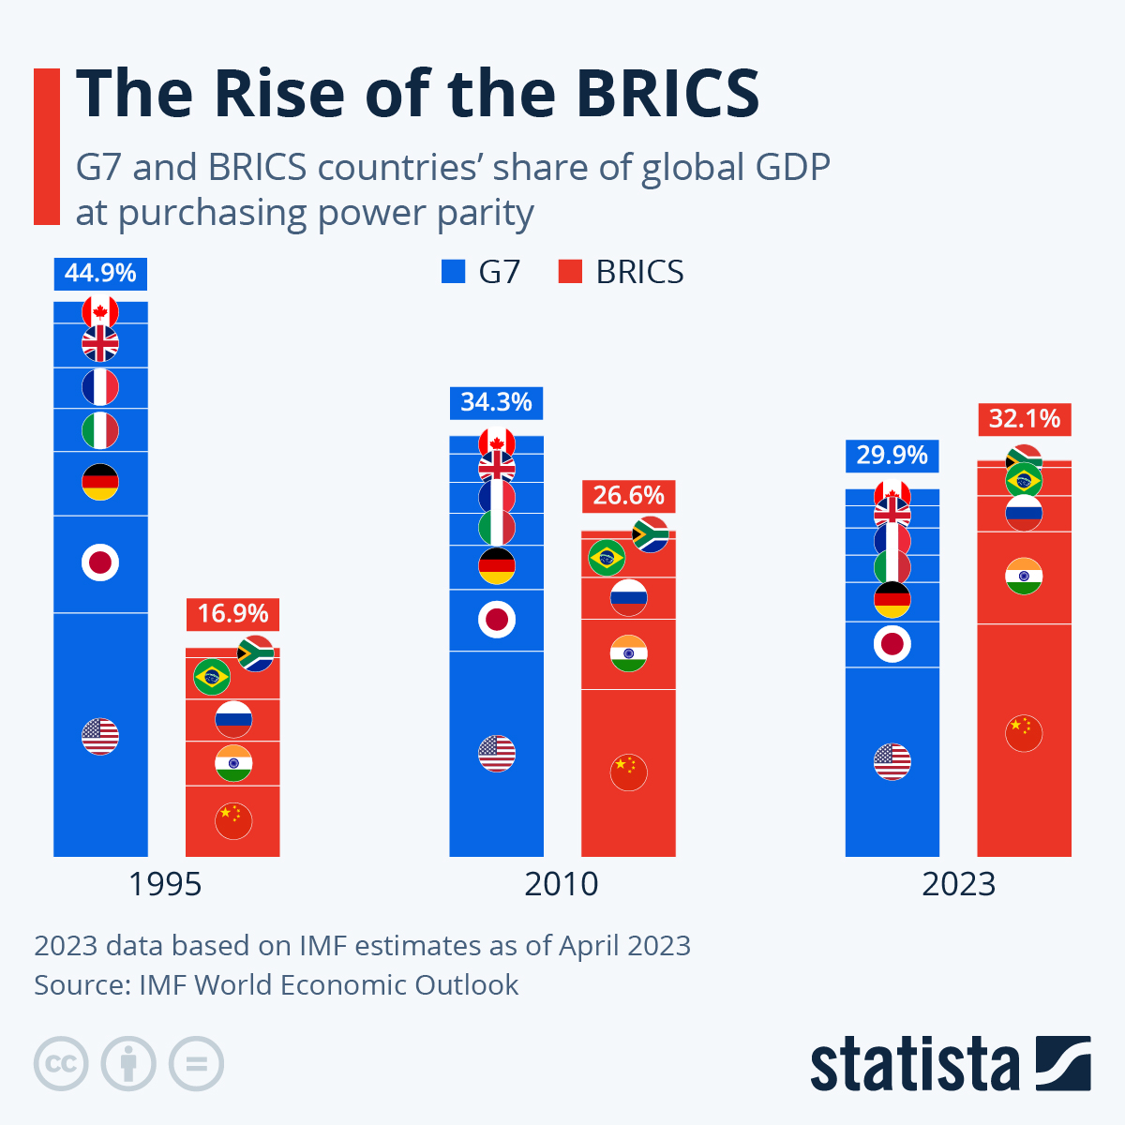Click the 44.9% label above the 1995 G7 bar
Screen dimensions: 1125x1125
(x=100, y=273)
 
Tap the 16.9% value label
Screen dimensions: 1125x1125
(x=232, y=613)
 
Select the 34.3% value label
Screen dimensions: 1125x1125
(x=496, y=402)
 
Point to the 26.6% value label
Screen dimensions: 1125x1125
(x=628, y=495)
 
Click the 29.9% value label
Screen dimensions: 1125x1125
(x=892, y=456)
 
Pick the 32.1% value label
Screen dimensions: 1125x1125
(x=1024, y=418)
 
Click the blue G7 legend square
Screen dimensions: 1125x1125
(x=453, y=272)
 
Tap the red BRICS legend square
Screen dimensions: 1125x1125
(x=570, y=272)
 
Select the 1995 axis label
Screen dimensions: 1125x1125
(x=165, y=884)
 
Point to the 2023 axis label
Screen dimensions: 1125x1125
(x=958, y=884)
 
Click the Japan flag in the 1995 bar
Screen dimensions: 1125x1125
(x=100, y=562)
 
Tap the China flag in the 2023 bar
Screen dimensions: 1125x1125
(x=1024, y=732)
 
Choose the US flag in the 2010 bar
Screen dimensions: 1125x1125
(x=497, y=753)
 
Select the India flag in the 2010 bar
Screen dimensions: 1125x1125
(x=628, y=652)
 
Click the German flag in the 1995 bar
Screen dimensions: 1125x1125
(x=100, y=482)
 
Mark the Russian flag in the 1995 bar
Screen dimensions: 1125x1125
(x=232, y=719)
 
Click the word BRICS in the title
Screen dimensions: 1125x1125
(x=667, y=94)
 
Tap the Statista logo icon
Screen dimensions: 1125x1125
(x=1063, y=1063)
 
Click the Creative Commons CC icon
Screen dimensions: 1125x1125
(x=61, y=1063)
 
